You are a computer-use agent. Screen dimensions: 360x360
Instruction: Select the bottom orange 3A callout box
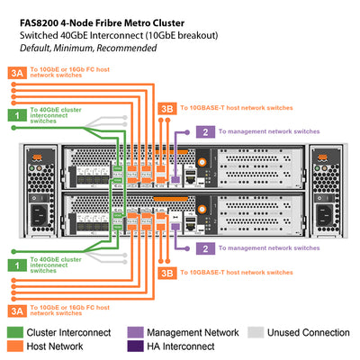[16, 310]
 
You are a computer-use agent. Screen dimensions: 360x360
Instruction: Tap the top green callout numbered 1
[16, 116]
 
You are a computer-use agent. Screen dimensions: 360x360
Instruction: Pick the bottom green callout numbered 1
[16, 265]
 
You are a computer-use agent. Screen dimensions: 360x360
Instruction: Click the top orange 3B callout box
[166, 107]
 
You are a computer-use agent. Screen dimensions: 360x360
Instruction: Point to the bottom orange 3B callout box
[166, 271]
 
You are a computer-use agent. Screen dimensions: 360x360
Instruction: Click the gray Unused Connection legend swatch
[256, 332]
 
